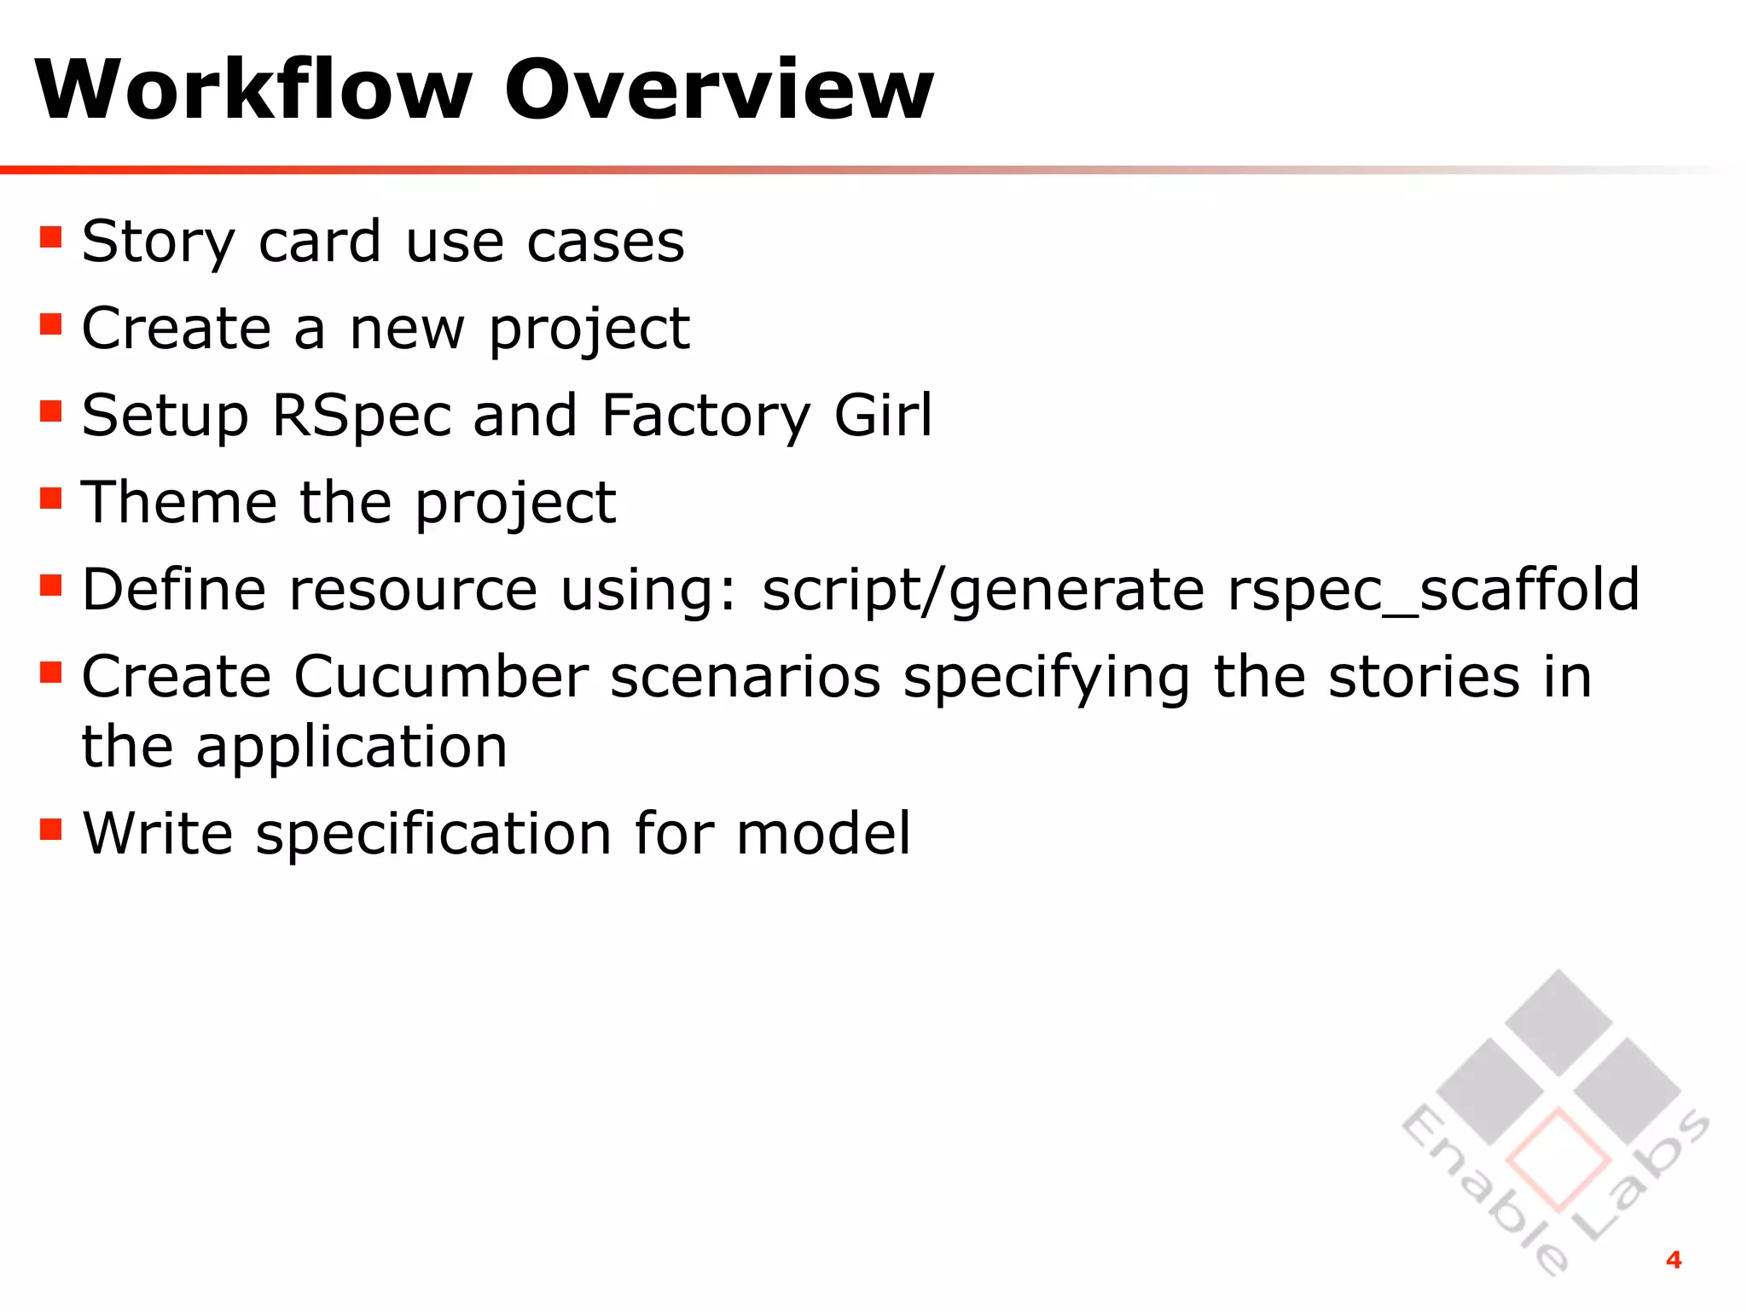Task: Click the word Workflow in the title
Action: (253, 90)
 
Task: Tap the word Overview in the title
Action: (719, 90)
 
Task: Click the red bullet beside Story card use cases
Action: (51, 236)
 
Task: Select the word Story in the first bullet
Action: (158, 242)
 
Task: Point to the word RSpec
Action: (361, 416)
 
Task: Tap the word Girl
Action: (883, 416)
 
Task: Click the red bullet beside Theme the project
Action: (51, 498)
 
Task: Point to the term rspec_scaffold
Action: (1433, 591)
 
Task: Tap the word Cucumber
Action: (441, 677)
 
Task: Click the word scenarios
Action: (746, 677)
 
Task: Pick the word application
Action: (351, 749)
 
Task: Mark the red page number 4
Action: (1674, 1260)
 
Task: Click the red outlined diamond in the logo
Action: (1558, 1160)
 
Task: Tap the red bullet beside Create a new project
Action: (51, 324)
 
